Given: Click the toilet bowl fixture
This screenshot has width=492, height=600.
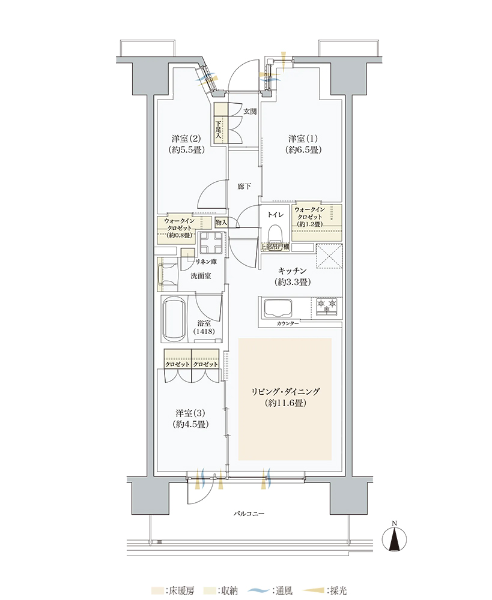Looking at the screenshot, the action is [x=275, y=233].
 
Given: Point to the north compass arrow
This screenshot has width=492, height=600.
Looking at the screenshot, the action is [x=394, y=539].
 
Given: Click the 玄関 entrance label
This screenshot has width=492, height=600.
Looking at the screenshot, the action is [x=250, y=112].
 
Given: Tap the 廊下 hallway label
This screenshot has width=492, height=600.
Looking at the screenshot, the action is [x=244, y=187].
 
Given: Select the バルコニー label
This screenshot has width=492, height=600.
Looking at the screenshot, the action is [x=249, y=513].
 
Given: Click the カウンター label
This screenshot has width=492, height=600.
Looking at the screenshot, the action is [x=287, y=324].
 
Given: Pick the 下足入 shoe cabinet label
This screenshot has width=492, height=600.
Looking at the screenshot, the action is [x=218, y=130].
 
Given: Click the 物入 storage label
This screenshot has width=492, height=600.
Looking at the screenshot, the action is [x=221, y=222].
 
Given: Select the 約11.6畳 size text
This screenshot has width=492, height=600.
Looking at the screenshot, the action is [x=285, y=403].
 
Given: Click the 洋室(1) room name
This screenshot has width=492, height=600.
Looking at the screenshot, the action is [x=303, y=139].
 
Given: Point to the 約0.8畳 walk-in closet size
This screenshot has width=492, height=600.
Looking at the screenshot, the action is [x=180, y=236].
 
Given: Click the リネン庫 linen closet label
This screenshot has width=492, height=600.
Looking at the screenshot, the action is [x=206, y=262].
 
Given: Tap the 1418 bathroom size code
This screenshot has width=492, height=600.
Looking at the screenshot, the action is [x=204, y=331].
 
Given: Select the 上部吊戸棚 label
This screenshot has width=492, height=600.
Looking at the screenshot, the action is [x=275, y=247].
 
